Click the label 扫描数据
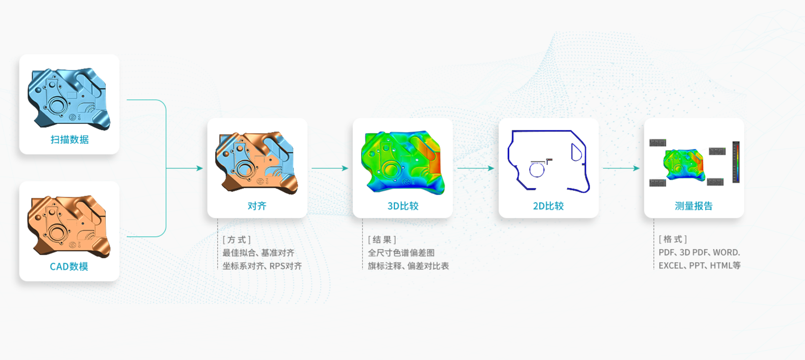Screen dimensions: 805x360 pyautogui.click(x=70, y=140)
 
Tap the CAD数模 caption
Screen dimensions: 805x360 pyautogui.click(x=69, y=266)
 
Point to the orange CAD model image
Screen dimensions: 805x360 pyautogui.click(x=69, y=226)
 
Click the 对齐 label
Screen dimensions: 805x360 pyautogui.click(x=257, y=206)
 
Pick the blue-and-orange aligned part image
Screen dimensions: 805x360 pyautogui.click(x=257, y=163)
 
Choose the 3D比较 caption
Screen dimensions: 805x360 pyautogui.click(x=403, y=206)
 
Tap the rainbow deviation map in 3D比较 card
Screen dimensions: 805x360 pyautogui.click(x=403, y=162)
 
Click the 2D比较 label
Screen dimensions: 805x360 pyautogui.click(x=548, y=206)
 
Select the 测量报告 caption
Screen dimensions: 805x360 pyautogui.click(x=694, y=206)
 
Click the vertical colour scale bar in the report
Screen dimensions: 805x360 pyautogui.click(x=736, y=162)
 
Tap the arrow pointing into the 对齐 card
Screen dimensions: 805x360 pyautogui.click(x=185, y=168)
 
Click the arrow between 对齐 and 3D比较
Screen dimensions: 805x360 pyautogui.click(x=330, y=168)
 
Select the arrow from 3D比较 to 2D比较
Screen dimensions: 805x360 pyautogui.click(x=476, y=168)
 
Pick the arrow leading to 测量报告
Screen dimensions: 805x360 pyautogui.click(x=621, y=168)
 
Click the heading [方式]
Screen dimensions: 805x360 pyautogui.click(x=237, y=240)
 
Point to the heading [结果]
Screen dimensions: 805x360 pyautogui.click(x=382, y=240)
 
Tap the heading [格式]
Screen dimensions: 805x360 pyautogui.click(x=673, y=239)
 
